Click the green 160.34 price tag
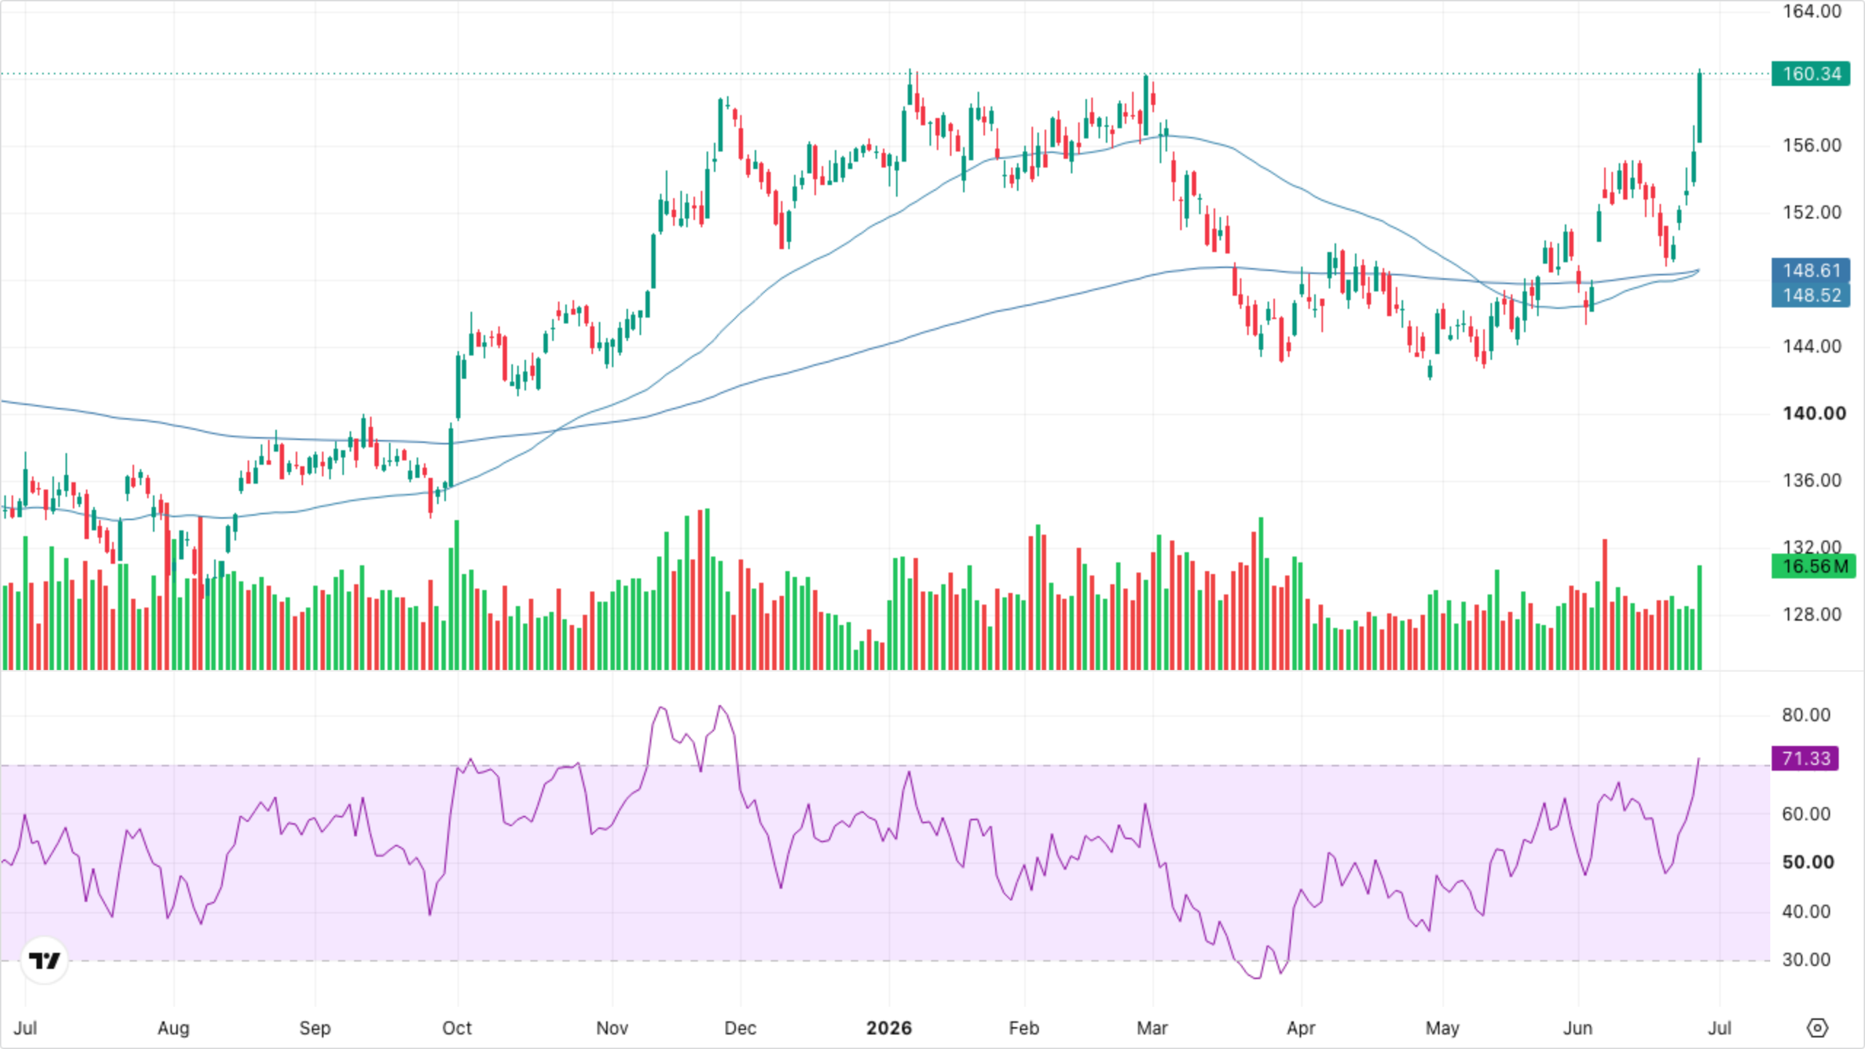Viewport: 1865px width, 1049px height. coord(1810,74)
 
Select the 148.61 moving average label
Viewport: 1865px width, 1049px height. coord(1810,270)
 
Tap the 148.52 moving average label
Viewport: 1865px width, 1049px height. coord(1810,295)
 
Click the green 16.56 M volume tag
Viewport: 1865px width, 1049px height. coord(1813,566)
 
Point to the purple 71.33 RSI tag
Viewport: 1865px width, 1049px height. coord(1805,758)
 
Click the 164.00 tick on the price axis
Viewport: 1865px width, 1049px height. coord(1812,11)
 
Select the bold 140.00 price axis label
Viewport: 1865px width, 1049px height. coord(1814,413)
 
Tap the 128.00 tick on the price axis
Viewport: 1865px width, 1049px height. coord(1812,614)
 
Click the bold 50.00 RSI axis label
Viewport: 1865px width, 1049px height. coord(1807,862)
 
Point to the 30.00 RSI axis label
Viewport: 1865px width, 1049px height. coord(1806,959)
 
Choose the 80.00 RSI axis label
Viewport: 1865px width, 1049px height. coord(1806,715)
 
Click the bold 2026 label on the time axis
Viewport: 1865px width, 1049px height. coord(889,1028)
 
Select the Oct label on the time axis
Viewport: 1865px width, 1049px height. coord(457,1028)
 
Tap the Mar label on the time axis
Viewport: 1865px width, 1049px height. coord(1152,1028)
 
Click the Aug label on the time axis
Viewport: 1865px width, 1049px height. coord(173,1028)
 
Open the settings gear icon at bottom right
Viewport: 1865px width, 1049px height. coord(1818,1028)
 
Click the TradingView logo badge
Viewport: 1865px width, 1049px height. coord(44,960)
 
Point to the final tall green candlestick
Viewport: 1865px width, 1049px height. coord(1700,108)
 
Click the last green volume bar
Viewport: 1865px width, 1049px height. coord(1700,617)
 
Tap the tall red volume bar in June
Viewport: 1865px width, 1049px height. coord(1605,605)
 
